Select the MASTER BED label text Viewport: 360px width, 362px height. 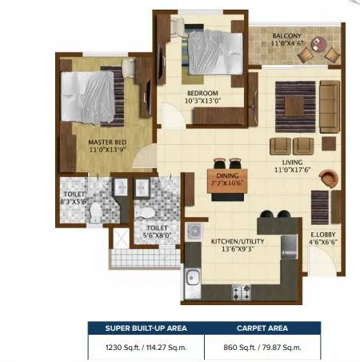tap(107, 143)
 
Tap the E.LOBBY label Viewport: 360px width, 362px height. tap(323, 235)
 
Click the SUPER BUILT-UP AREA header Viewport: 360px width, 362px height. tap(145, 328)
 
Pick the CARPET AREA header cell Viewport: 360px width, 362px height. tap(261, 328)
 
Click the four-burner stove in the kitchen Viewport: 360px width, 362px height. tap(241, 292)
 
